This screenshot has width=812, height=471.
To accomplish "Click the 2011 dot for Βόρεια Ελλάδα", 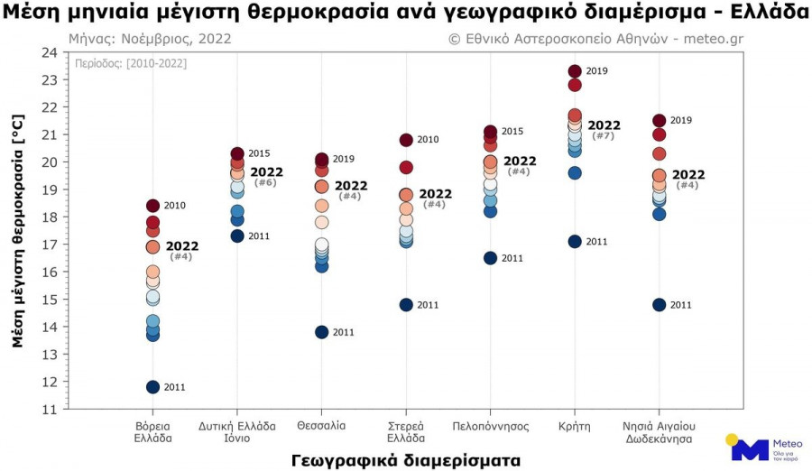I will (x=152, y=387).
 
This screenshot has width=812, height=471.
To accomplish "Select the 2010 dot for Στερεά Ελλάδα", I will (x=406, y=140).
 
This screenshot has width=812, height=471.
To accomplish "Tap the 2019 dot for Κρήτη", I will (x=575, y=71).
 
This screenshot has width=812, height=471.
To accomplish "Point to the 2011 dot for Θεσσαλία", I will (x=321, y=332).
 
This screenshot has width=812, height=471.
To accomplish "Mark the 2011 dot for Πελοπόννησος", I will (x=490, y=258).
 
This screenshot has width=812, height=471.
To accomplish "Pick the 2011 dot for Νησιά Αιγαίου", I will (x=660, y=305).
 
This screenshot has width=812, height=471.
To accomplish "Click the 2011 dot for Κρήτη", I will (x=575, y=242).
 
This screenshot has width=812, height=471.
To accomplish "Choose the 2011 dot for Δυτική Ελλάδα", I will (x=237, y=236).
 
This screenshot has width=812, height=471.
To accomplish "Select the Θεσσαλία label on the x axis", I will (x=321, y=425).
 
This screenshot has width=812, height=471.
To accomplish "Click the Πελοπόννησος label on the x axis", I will (x=490, y=425).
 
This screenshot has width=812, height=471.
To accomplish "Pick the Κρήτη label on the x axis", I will (x=575, y=425).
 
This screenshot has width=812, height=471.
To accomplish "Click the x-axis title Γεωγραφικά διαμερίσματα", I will (x=406, y=460).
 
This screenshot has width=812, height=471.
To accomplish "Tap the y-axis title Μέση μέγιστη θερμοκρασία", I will (x=17, y=231).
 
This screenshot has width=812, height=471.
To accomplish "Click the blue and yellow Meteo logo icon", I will (x=748, y=448).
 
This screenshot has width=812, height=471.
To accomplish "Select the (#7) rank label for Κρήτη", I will (x=604, y=135).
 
